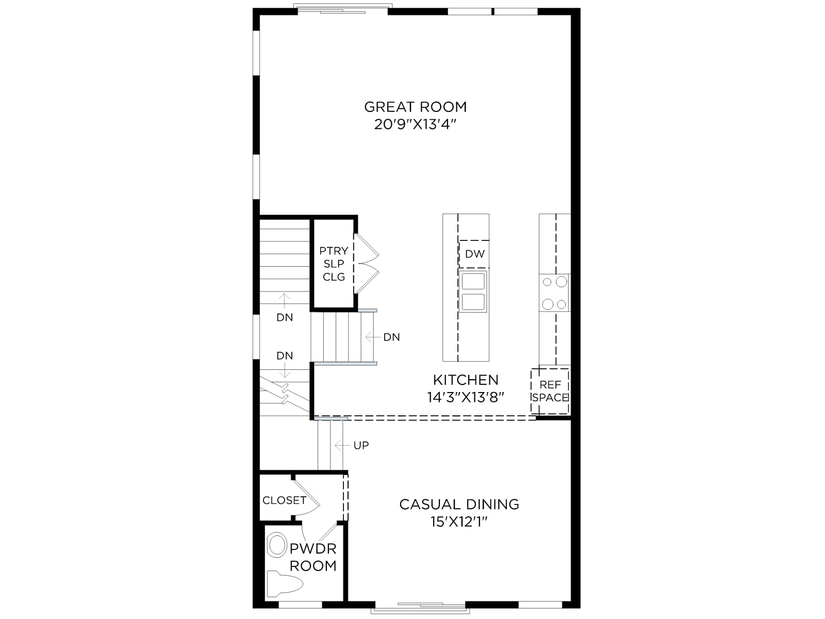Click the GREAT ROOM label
[415, 107]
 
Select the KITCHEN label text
[466, 380]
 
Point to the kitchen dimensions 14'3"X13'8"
[466, 397]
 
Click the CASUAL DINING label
[459, 504]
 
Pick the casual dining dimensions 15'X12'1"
[459, 522]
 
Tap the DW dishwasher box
[474, 254]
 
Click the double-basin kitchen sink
[473, 291]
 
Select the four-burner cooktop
[554, 293]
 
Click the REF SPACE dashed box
[550, 391]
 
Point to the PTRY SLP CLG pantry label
[334, 264]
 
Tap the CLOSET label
[284, 500]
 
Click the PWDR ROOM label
[313, 557]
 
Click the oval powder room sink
[277, 545]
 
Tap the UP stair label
[361, 445]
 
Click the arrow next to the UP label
[342, 445]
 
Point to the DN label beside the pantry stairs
[392, 337]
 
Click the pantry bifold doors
[367, 264]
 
